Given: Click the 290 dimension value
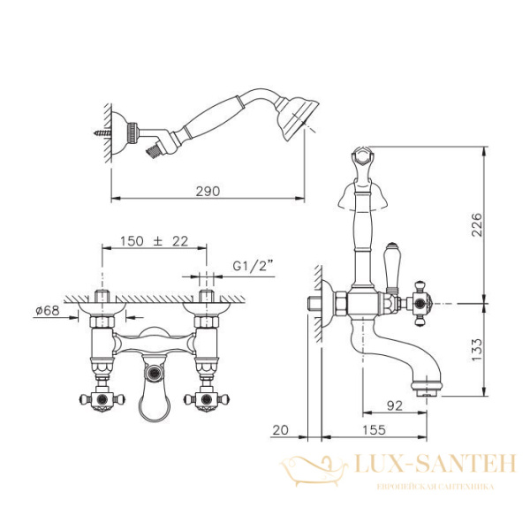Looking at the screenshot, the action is point(208,192).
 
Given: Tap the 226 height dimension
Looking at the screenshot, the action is point(476,224).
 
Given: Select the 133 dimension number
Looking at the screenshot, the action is point(476,350).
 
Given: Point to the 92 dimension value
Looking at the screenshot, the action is point(395,405).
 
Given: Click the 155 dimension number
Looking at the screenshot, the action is point(374,429).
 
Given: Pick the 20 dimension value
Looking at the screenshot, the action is point(281,429).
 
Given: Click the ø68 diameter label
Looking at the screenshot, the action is point(48,310).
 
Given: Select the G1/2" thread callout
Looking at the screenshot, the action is point(253,266).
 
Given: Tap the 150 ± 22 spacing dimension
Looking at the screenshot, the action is point(154,241).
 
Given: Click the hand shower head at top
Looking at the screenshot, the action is point(297,119).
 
